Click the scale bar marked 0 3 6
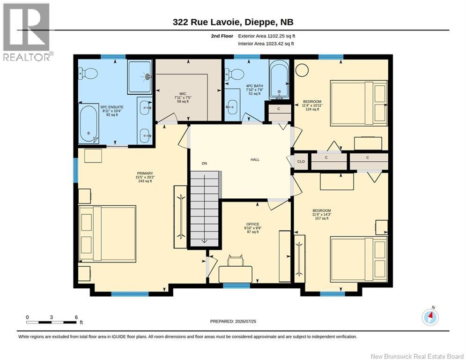pos(52,322)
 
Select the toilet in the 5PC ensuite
pos(88,73)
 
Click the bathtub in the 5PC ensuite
pos(89,123)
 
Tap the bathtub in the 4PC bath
pos(279,79)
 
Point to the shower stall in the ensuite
pos(140,77)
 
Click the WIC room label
pos(183,94)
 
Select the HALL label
pos(255,160)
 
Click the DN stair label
pos(204,163)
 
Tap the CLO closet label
pos(301,162)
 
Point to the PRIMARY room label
pos(145,173)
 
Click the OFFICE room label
pos(252,225)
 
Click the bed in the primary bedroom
pos(107,234)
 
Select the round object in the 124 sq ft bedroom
pos(302,70)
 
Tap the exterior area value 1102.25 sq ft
pos(281,36)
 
